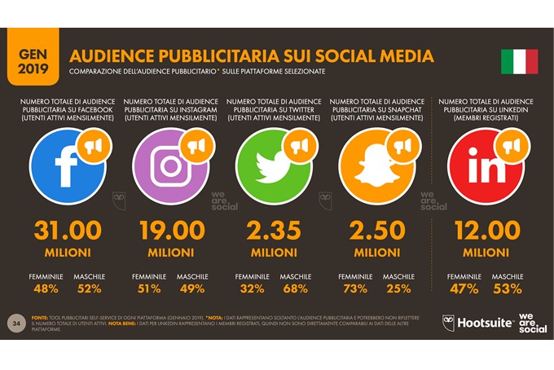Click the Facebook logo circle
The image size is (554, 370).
[66, 167]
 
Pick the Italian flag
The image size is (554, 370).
[519, 62]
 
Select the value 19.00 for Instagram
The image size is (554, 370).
[170, 231]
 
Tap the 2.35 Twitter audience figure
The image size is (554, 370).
[274, 231]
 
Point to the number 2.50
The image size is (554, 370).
[376, 231]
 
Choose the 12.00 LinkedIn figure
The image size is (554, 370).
[486, 231]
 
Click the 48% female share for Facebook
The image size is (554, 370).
[47, 289]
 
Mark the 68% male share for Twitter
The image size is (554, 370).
[295, 289]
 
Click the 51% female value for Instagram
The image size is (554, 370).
[150, 289]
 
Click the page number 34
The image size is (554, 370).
[15, 324]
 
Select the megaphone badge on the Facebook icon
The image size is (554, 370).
[90, 146]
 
